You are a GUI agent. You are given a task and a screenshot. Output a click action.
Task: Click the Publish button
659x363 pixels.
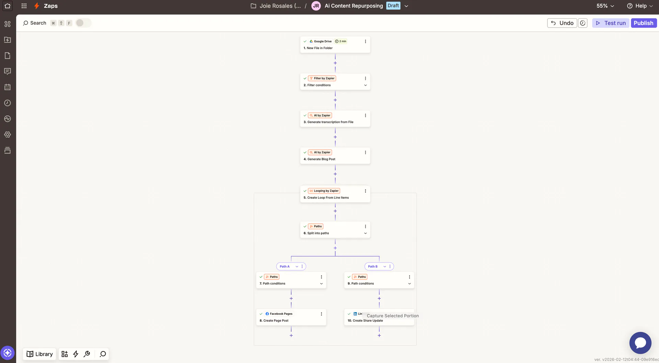click(644, 23)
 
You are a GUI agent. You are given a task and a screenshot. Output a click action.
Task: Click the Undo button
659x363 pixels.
click(562, 23)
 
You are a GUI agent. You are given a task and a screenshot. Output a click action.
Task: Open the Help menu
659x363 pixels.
click(640, 6)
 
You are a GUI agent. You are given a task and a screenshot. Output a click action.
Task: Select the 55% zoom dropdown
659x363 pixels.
click(605, 6)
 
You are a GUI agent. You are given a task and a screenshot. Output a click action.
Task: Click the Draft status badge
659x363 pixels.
click(393, 5)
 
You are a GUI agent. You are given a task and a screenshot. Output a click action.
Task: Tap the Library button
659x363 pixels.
click(39, 354)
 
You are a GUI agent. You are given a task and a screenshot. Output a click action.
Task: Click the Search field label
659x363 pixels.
click(38, 23)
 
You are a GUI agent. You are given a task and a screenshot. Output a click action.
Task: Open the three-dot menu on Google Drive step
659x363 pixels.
click(365, 41)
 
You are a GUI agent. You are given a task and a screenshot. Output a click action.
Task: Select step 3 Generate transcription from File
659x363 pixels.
click(328, 122)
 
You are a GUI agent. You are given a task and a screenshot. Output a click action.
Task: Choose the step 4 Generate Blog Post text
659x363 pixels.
click(320, 159)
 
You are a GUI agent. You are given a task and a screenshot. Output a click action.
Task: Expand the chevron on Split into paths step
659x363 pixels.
click(365, 233)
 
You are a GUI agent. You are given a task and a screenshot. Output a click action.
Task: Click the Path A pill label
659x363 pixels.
click(285, 266)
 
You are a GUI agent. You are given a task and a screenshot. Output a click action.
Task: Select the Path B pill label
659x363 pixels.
click(373, 266)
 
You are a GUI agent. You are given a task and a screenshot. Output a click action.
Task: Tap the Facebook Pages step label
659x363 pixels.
click(281, 314)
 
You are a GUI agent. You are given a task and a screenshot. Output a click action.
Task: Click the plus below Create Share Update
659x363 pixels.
click(379, 335)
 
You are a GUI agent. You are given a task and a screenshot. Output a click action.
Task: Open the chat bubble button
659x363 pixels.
click(640, 343)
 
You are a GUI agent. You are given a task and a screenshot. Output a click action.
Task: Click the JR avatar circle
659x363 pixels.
click(316, 6)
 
